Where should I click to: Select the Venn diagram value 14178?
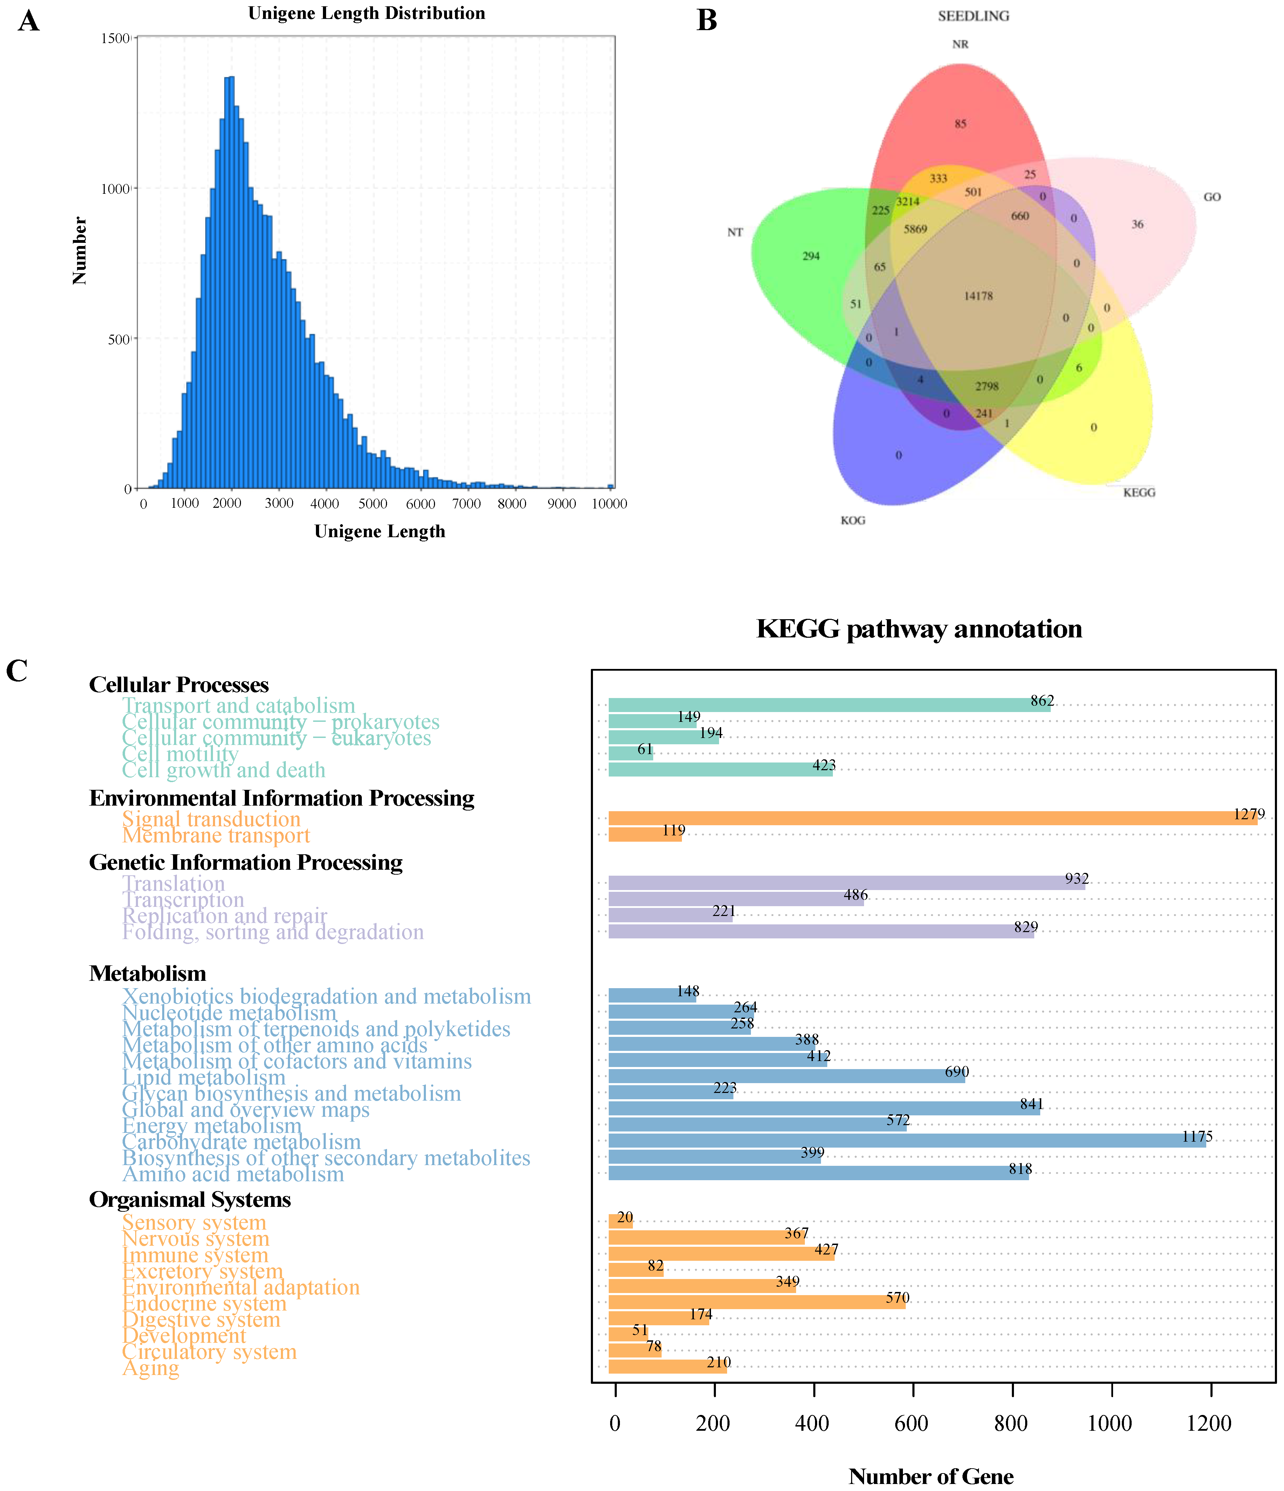(978, 296)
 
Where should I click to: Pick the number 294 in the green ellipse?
(811, 256)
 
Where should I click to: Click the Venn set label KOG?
(853, 520)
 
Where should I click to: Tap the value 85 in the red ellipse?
(960, 124)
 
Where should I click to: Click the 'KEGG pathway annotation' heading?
(919, 629)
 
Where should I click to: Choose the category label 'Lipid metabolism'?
(203, 1077)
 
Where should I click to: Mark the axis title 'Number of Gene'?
(931, 1476)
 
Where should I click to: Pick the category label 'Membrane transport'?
(216, 835)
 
